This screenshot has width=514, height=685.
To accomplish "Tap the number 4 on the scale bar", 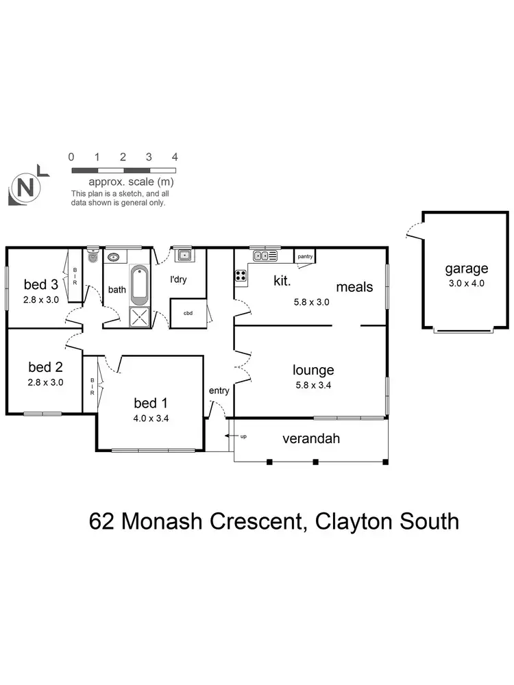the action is point(175,157).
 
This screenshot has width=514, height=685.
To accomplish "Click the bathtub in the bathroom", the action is point(139,284).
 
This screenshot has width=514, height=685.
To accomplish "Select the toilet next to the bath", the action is point(93,258).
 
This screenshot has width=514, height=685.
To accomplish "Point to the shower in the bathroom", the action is point(140,316).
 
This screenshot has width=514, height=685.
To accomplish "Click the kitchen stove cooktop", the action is point(241,276).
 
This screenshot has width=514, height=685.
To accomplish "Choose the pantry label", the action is point(305,257).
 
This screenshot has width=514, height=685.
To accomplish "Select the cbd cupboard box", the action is point(188,314).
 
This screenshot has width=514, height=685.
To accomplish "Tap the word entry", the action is point(219,390).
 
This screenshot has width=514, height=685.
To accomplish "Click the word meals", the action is point(354,286).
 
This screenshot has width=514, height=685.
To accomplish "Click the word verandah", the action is point(311,439).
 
